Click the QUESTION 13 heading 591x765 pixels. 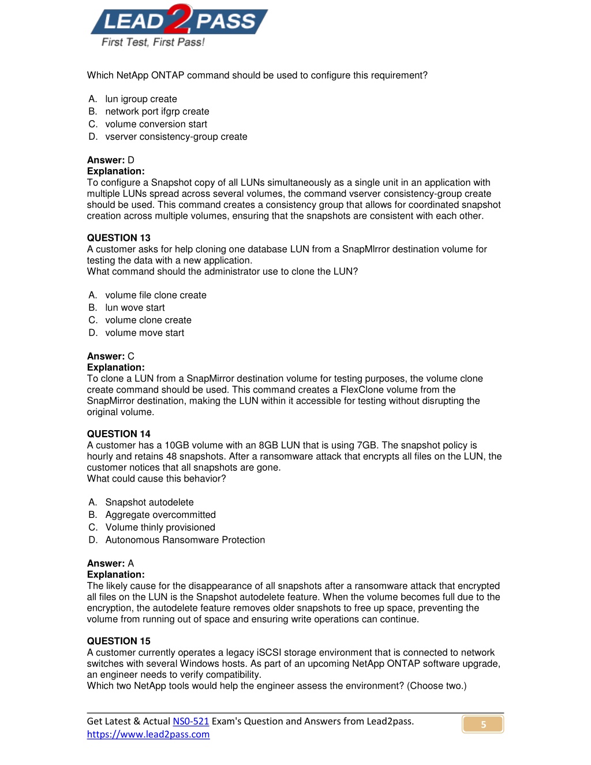(x=118, y=238)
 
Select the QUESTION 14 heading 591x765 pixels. (x=118, y=434)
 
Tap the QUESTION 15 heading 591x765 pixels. (x=118, y=641)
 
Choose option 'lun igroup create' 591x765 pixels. (x=141, y=99)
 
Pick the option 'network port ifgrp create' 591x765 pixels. (x=157, y=112)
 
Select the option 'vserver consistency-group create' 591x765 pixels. (x=176, y=137)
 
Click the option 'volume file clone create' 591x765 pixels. (x=155, y=296)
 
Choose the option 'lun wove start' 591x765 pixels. (x=134, y=308)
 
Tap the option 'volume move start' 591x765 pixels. (x=144, y=333)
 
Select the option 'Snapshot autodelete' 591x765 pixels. (x=149, y=503)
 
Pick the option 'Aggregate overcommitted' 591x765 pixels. (x=160, y=515)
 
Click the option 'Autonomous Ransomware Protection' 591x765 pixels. (x=185, y=540)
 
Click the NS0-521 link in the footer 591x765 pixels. (x=190, y=722)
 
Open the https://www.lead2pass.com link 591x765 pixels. (x=148, y=735)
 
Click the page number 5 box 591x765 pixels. (x=483, y=725)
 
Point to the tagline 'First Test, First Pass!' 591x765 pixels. (x=153, y=42)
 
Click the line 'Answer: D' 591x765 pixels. (x=110, y=161)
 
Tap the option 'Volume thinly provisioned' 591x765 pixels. (x=160, y=528)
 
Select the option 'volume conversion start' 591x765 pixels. (x=156, y=125)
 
